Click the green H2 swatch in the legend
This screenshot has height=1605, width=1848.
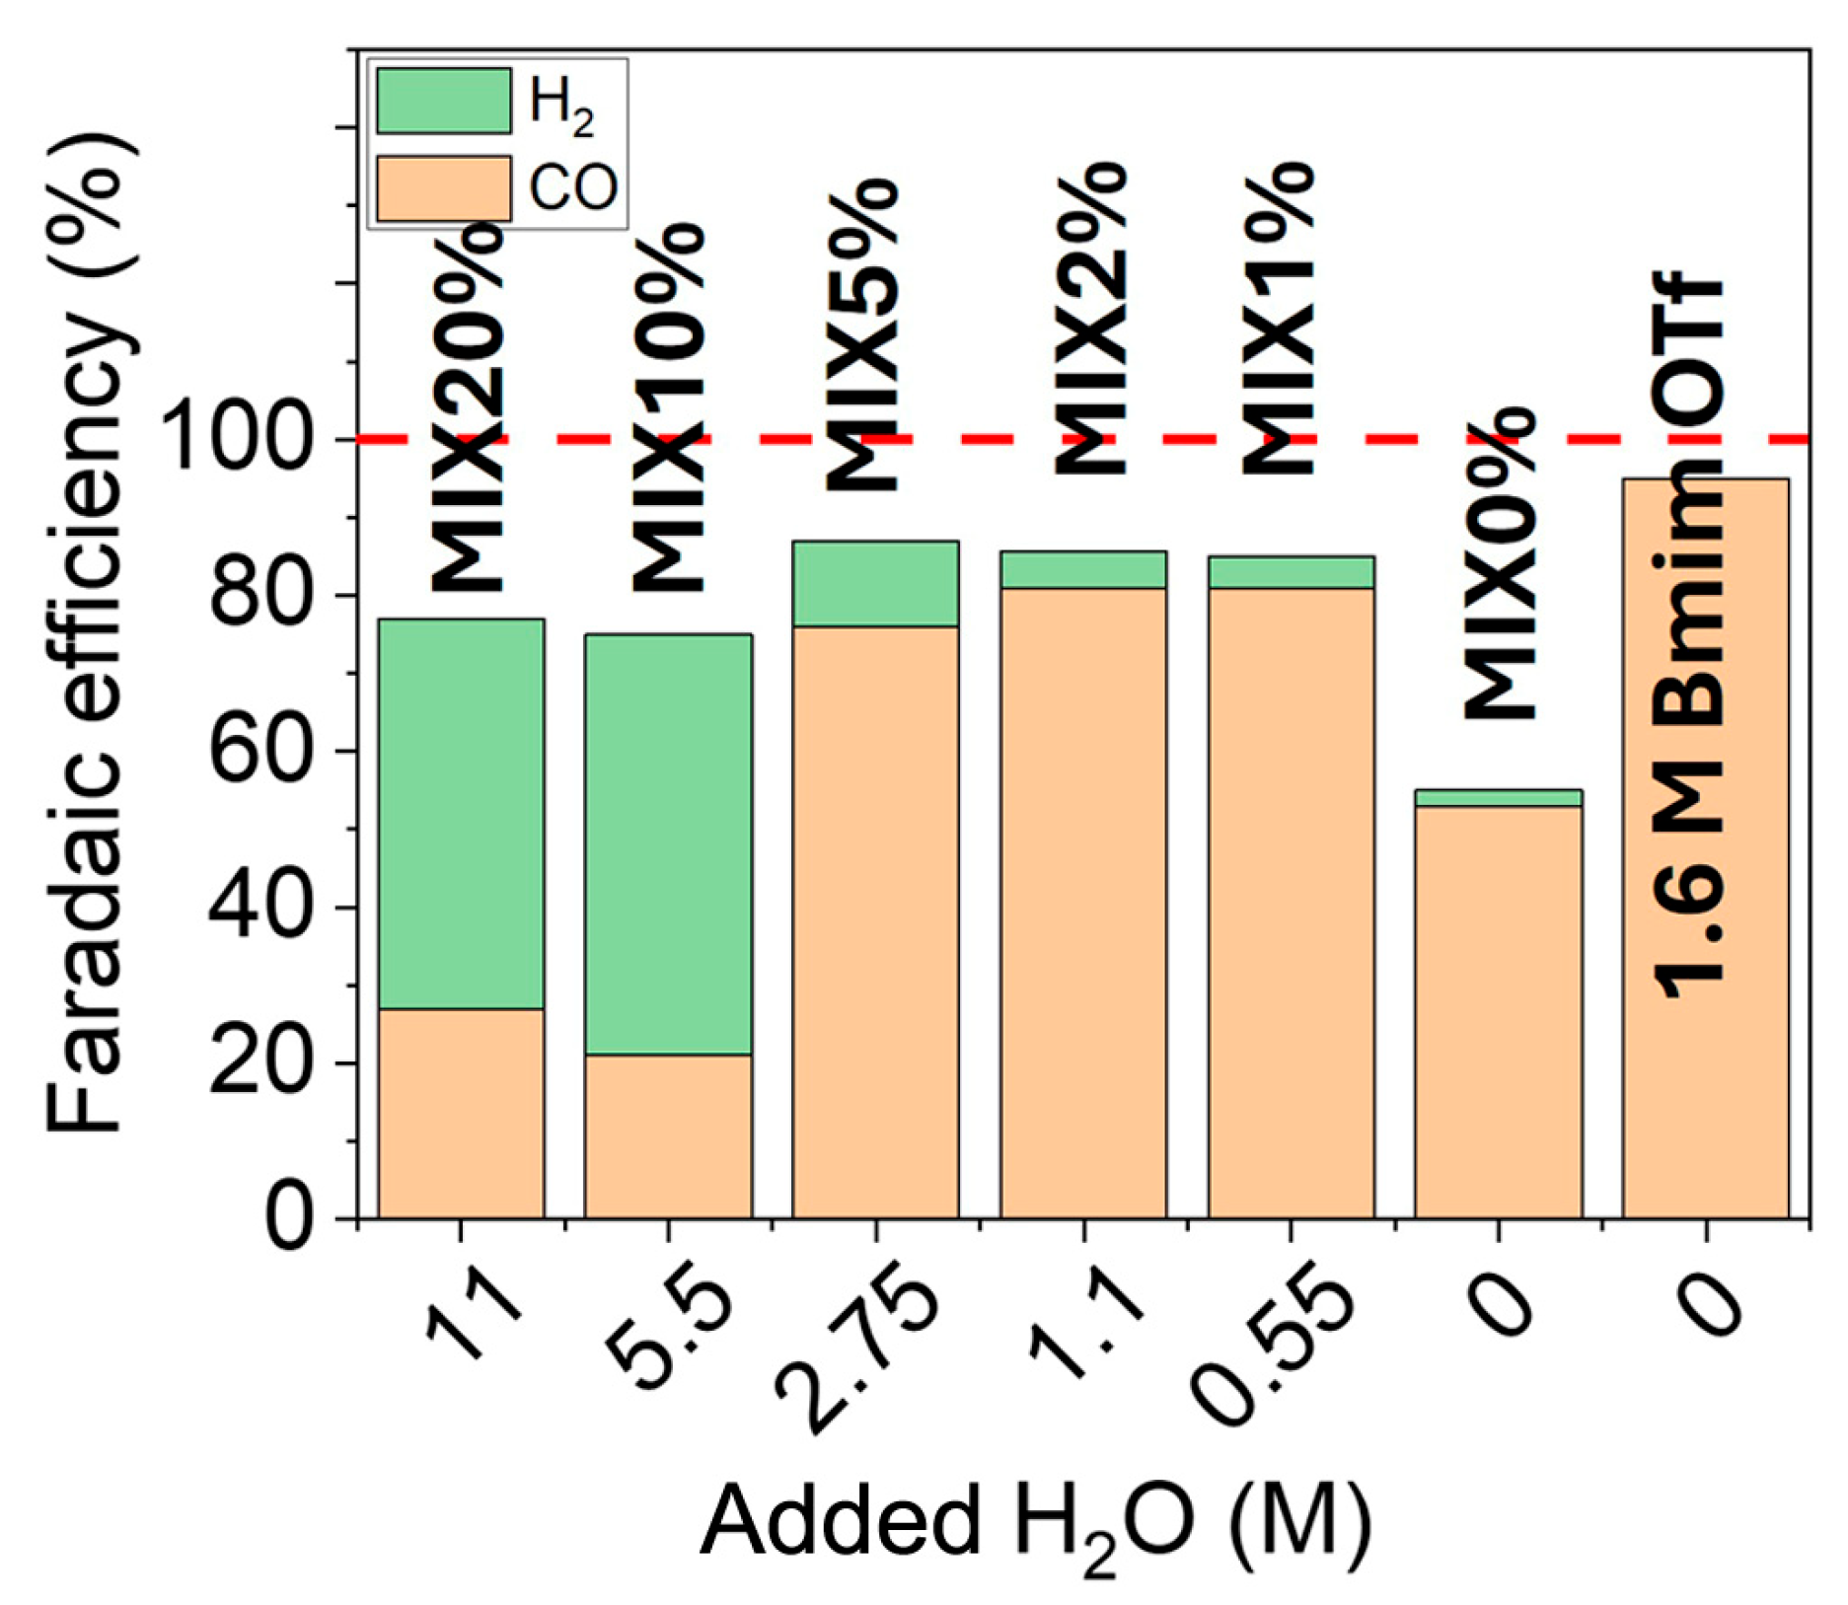pyautogui.click(x=444, y=101)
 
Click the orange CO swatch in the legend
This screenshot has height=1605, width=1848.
pyautogui.click(x=444, y=188)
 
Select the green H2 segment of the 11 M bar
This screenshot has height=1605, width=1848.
pyautogui.click(x=461, y=813)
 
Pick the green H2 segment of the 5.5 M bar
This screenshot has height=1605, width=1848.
pyautogui.click(x=668, y=843)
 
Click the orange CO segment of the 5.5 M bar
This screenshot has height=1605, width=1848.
pyautogui.click(x=668, y=1135)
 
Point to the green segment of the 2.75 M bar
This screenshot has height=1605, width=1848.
pyautogui.click(x=875, y=583)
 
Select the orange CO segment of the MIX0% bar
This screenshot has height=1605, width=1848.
pyautogui.click(x=1498, y=1011)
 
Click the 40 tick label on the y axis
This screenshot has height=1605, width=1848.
pyautogui.click(x=260, y=908)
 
